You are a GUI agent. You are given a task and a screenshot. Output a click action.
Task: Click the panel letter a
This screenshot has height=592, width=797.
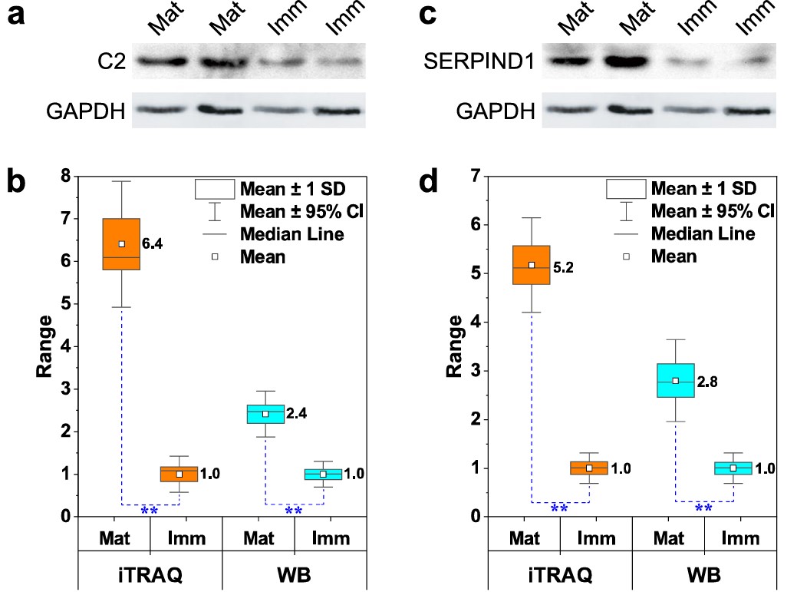[17, 15]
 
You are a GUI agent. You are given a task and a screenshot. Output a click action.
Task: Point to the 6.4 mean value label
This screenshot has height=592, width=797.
[153, 244]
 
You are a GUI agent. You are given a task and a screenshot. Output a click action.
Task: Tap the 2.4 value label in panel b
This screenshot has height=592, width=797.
[296, 414]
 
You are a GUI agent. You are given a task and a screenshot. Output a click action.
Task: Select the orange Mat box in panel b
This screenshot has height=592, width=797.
[121, 243]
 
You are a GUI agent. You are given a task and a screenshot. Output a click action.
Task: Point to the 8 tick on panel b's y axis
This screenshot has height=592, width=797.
[66, 176]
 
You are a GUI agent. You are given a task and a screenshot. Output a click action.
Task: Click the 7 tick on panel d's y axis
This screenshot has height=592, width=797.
[476, 176]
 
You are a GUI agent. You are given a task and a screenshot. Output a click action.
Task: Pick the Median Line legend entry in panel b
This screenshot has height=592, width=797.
[291, 234]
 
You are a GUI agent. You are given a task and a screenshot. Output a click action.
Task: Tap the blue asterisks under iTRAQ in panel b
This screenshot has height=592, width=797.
[150, 511]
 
